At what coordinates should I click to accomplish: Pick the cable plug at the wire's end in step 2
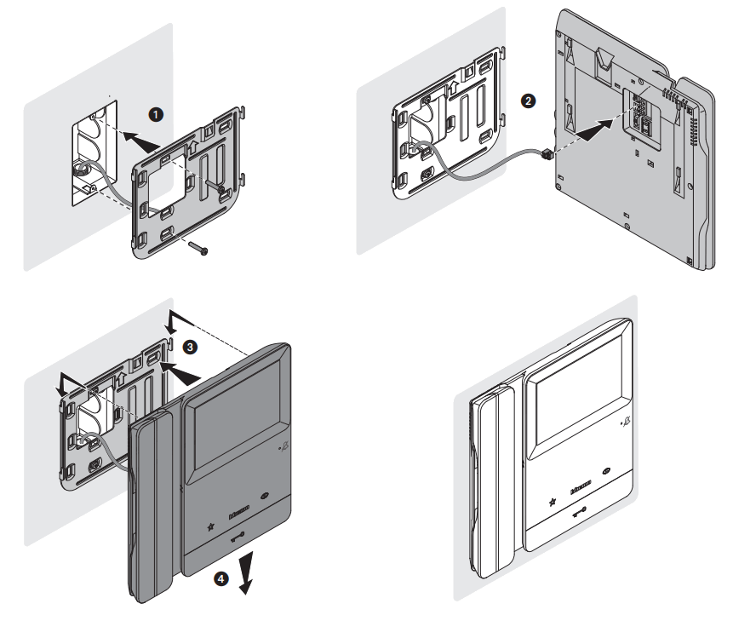(546, 154)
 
